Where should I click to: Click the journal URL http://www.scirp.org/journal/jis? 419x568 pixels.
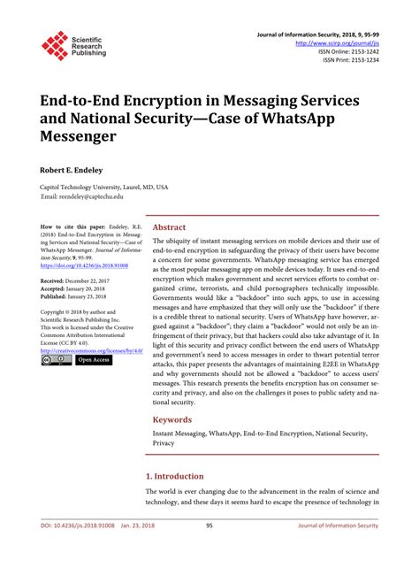click(337, 42)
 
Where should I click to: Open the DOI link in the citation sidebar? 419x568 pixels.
click(88, 265)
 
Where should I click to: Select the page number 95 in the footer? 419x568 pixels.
click(209, 550)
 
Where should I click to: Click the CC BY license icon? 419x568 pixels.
click(55, 360)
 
